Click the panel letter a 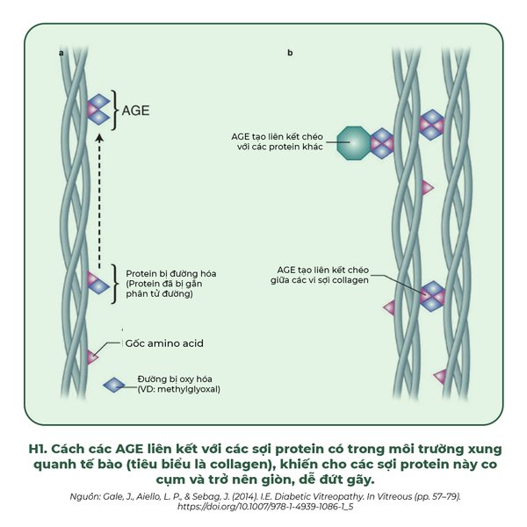[61, 54]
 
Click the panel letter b [290, 54]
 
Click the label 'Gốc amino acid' [163, 343]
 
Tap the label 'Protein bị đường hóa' [171, 273]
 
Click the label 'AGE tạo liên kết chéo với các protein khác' [276, 142]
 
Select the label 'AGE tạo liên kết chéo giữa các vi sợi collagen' [319, 274]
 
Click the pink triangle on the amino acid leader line [92, 357]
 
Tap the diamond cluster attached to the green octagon [381, 142]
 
